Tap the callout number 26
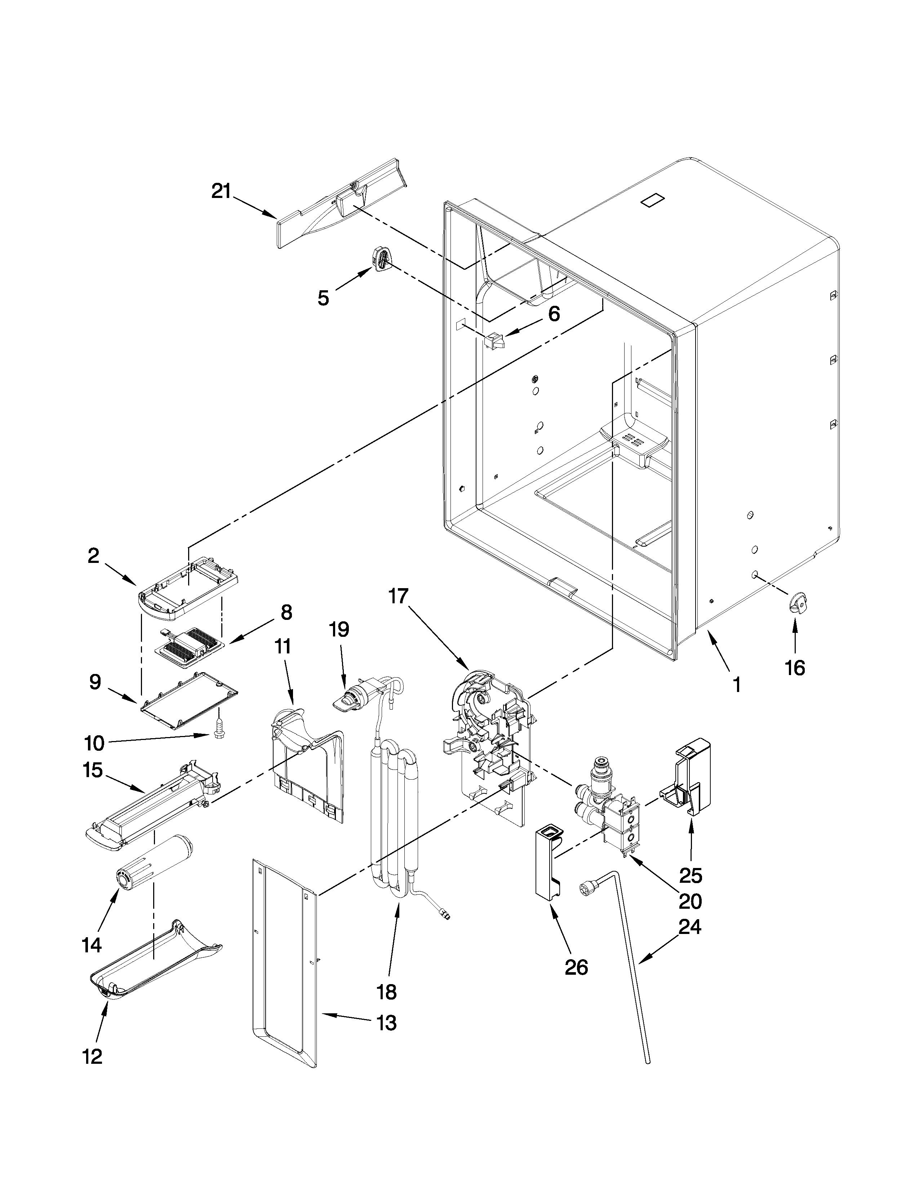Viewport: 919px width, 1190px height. tap(577, 967)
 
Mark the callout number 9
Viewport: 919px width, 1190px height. tap(95, 682)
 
